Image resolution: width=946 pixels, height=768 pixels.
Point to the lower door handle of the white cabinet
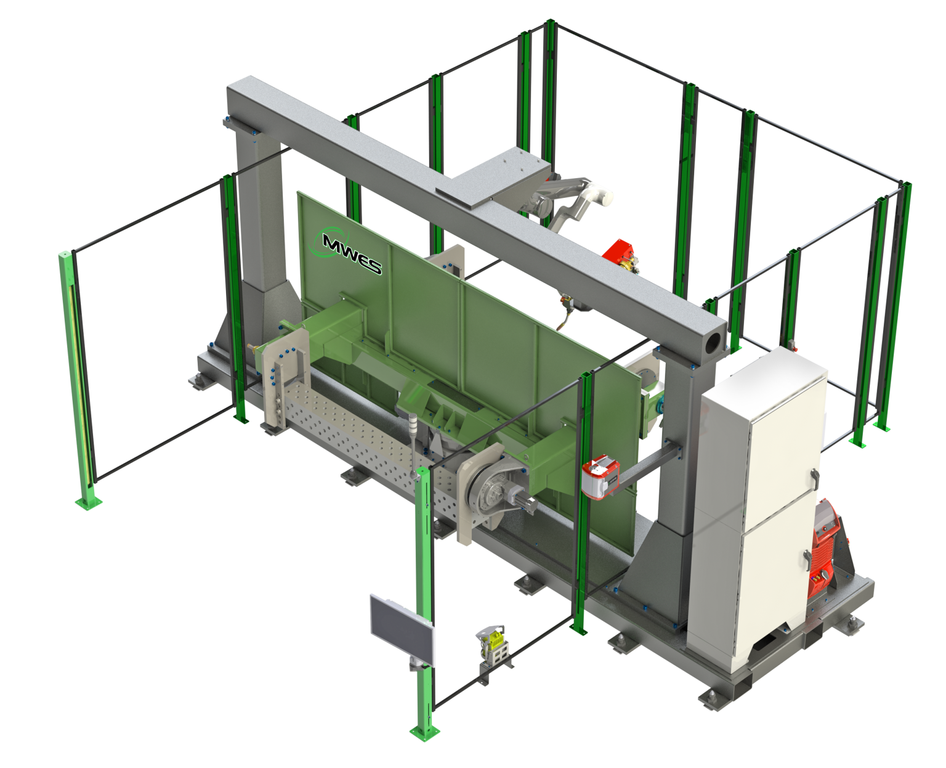[807, 560]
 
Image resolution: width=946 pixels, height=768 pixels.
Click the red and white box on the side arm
[600, 476]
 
